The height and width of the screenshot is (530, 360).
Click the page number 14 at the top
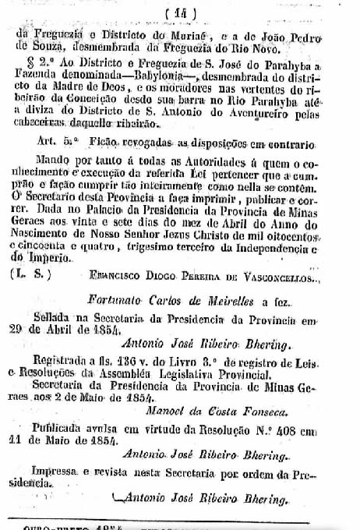[182, 12]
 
